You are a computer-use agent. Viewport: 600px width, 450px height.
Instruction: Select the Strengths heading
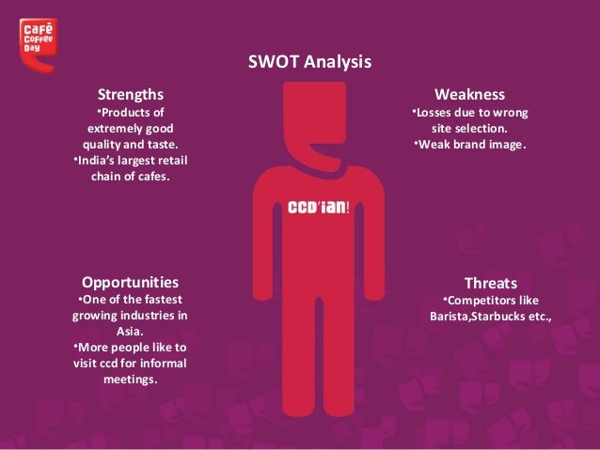point(131,95)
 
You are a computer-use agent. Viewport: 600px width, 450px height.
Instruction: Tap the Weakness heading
point(469,95)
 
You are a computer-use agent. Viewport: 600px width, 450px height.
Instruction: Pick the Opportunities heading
point(131,282)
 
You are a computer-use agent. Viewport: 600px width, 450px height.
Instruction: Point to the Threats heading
point(490,282)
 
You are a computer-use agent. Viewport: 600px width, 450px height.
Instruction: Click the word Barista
point(450,317)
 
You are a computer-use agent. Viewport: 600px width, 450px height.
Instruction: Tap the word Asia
point(130,332)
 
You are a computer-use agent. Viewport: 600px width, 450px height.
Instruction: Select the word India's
point(94,159)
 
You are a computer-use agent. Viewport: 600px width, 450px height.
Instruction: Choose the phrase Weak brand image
point(472,145)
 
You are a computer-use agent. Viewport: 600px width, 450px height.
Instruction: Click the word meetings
point(130,380)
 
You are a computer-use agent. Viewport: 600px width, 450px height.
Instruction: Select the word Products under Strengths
point(130,113)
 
